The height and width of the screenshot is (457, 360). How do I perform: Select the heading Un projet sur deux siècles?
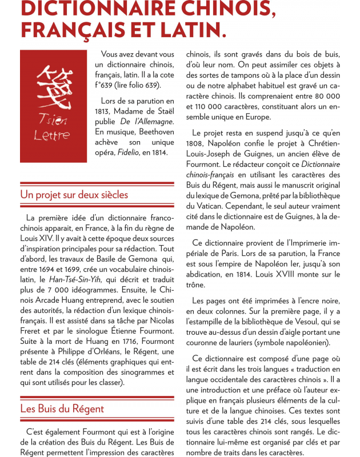[x=74, y=195]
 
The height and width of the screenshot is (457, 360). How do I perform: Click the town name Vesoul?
[x=308, y=322]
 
